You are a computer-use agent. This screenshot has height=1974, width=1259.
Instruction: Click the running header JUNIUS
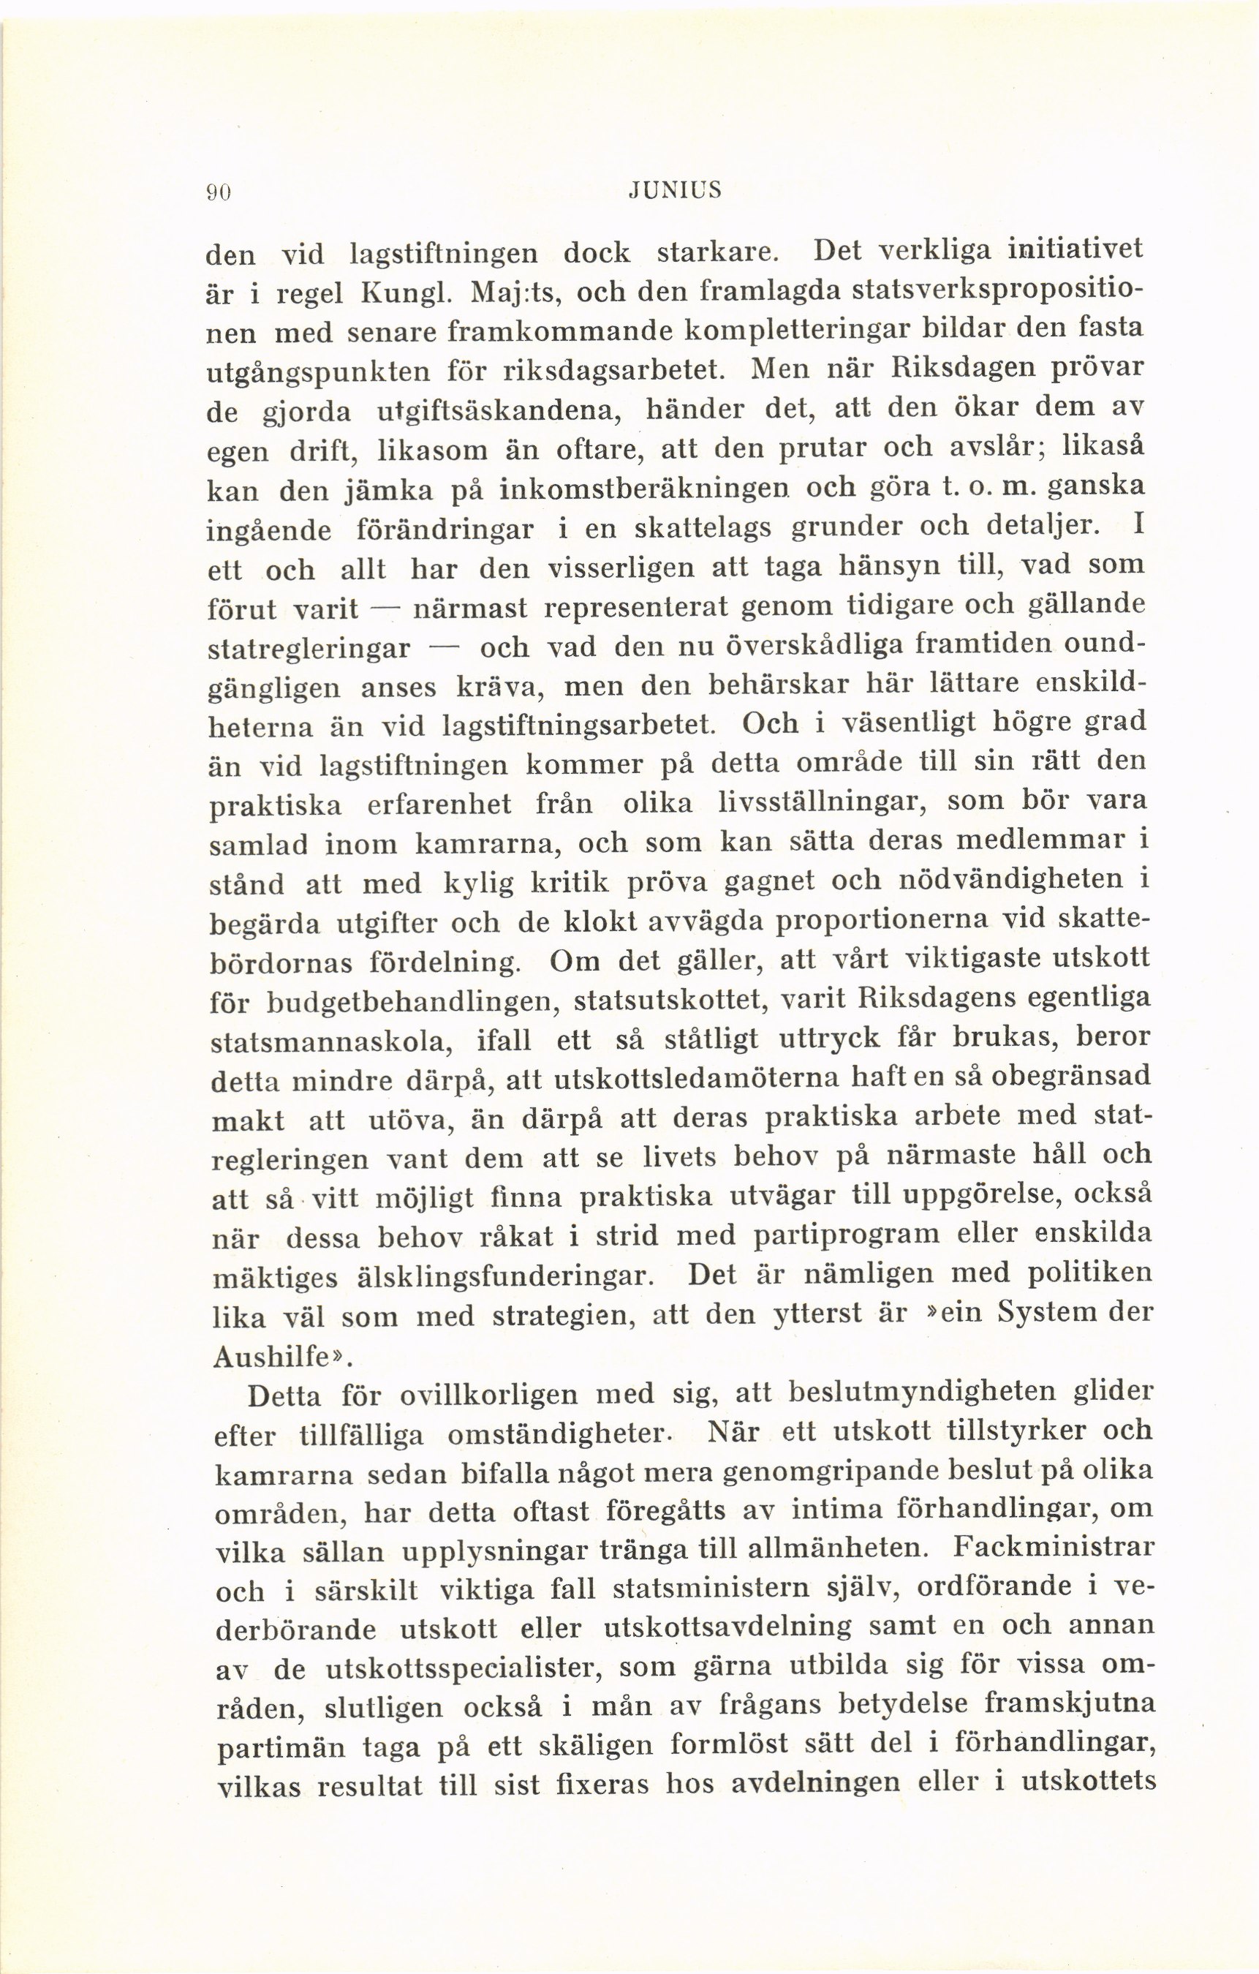coord(674,191)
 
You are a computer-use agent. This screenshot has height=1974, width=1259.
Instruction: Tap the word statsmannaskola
coord(331,1043)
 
